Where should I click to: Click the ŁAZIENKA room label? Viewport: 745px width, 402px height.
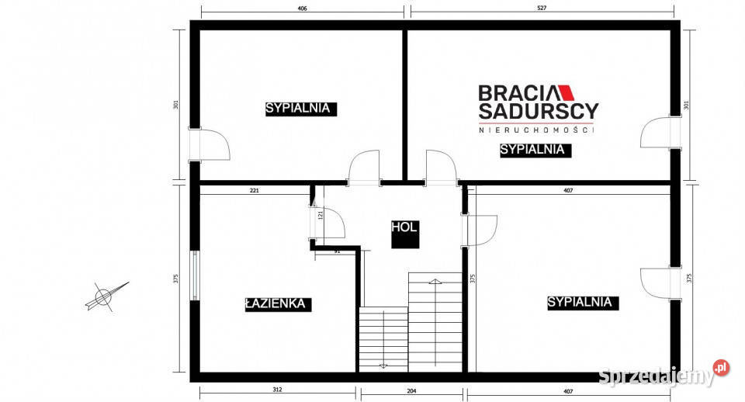pyautogui.click(x=278, y=304)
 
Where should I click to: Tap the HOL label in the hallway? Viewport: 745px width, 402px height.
pyautogui.click(x=404, y=227)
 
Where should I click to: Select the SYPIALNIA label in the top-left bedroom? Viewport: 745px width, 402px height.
pyautogui.click(x=298, y=109)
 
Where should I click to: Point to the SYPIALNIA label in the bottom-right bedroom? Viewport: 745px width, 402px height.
pyautogui.click(x=580, y=302)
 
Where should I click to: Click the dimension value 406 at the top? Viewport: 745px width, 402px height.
pyautogui.click(x=303, y=8)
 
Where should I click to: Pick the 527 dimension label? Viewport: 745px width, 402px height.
pyautogui.click(x=542, y=8)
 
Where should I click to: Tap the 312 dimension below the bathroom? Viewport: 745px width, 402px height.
pyautogui.click(x=278, y=390)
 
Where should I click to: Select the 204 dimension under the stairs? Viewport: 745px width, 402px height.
pyautogui.click(x=411, y=391)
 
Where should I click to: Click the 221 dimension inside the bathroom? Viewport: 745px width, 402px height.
pyautogui.click(x=255, y=191)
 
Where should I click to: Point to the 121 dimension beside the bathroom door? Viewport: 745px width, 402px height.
pyautogui.click(x=321, y=215)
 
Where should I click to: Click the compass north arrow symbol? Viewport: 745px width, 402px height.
pyautogui.click(x=106, y=296)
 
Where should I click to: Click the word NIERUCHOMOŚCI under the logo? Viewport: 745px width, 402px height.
pyautogui.click(x=536, y=130)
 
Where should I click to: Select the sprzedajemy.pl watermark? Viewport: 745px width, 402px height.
pyautogui.click(x=664, y=375)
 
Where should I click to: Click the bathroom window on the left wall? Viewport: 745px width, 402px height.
pyautogui.click(x=195, y=276)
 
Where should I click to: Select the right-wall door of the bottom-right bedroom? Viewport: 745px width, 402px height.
pyautogui.click(x=660, y=284)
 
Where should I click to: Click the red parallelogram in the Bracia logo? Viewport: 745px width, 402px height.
pyautogui.click(x=565, y=93)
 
